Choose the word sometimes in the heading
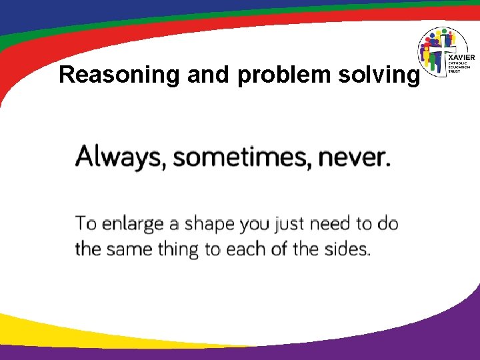(x=241, y=158)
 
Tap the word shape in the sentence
(x=209, y=224)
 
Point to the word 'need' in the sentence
(x=333, y=223)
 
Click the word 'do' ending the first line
(x=387, y=223)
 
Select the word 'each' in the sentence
(x=247, y=249)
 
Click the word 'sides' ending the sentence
(x=347, y=249)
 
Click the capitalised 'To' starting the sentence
(x=86, y=223)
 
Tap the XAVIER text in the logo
(x=459, y=58)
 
